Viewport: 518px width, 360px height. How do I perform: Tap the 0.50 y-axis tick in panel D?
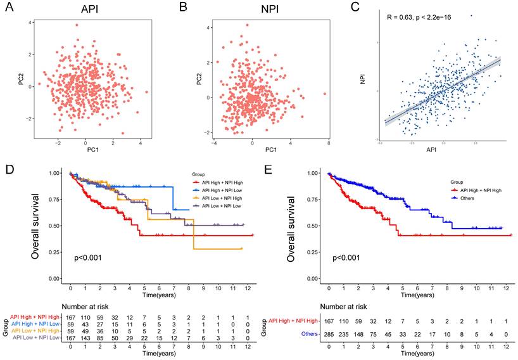click(x=56, y=226)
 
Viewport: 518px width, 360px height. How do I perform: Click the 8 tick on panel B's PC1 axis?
click(x=329, y=146)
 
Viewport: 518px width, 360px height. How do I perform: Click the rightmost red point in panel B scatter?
click(x=325, y=94)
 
